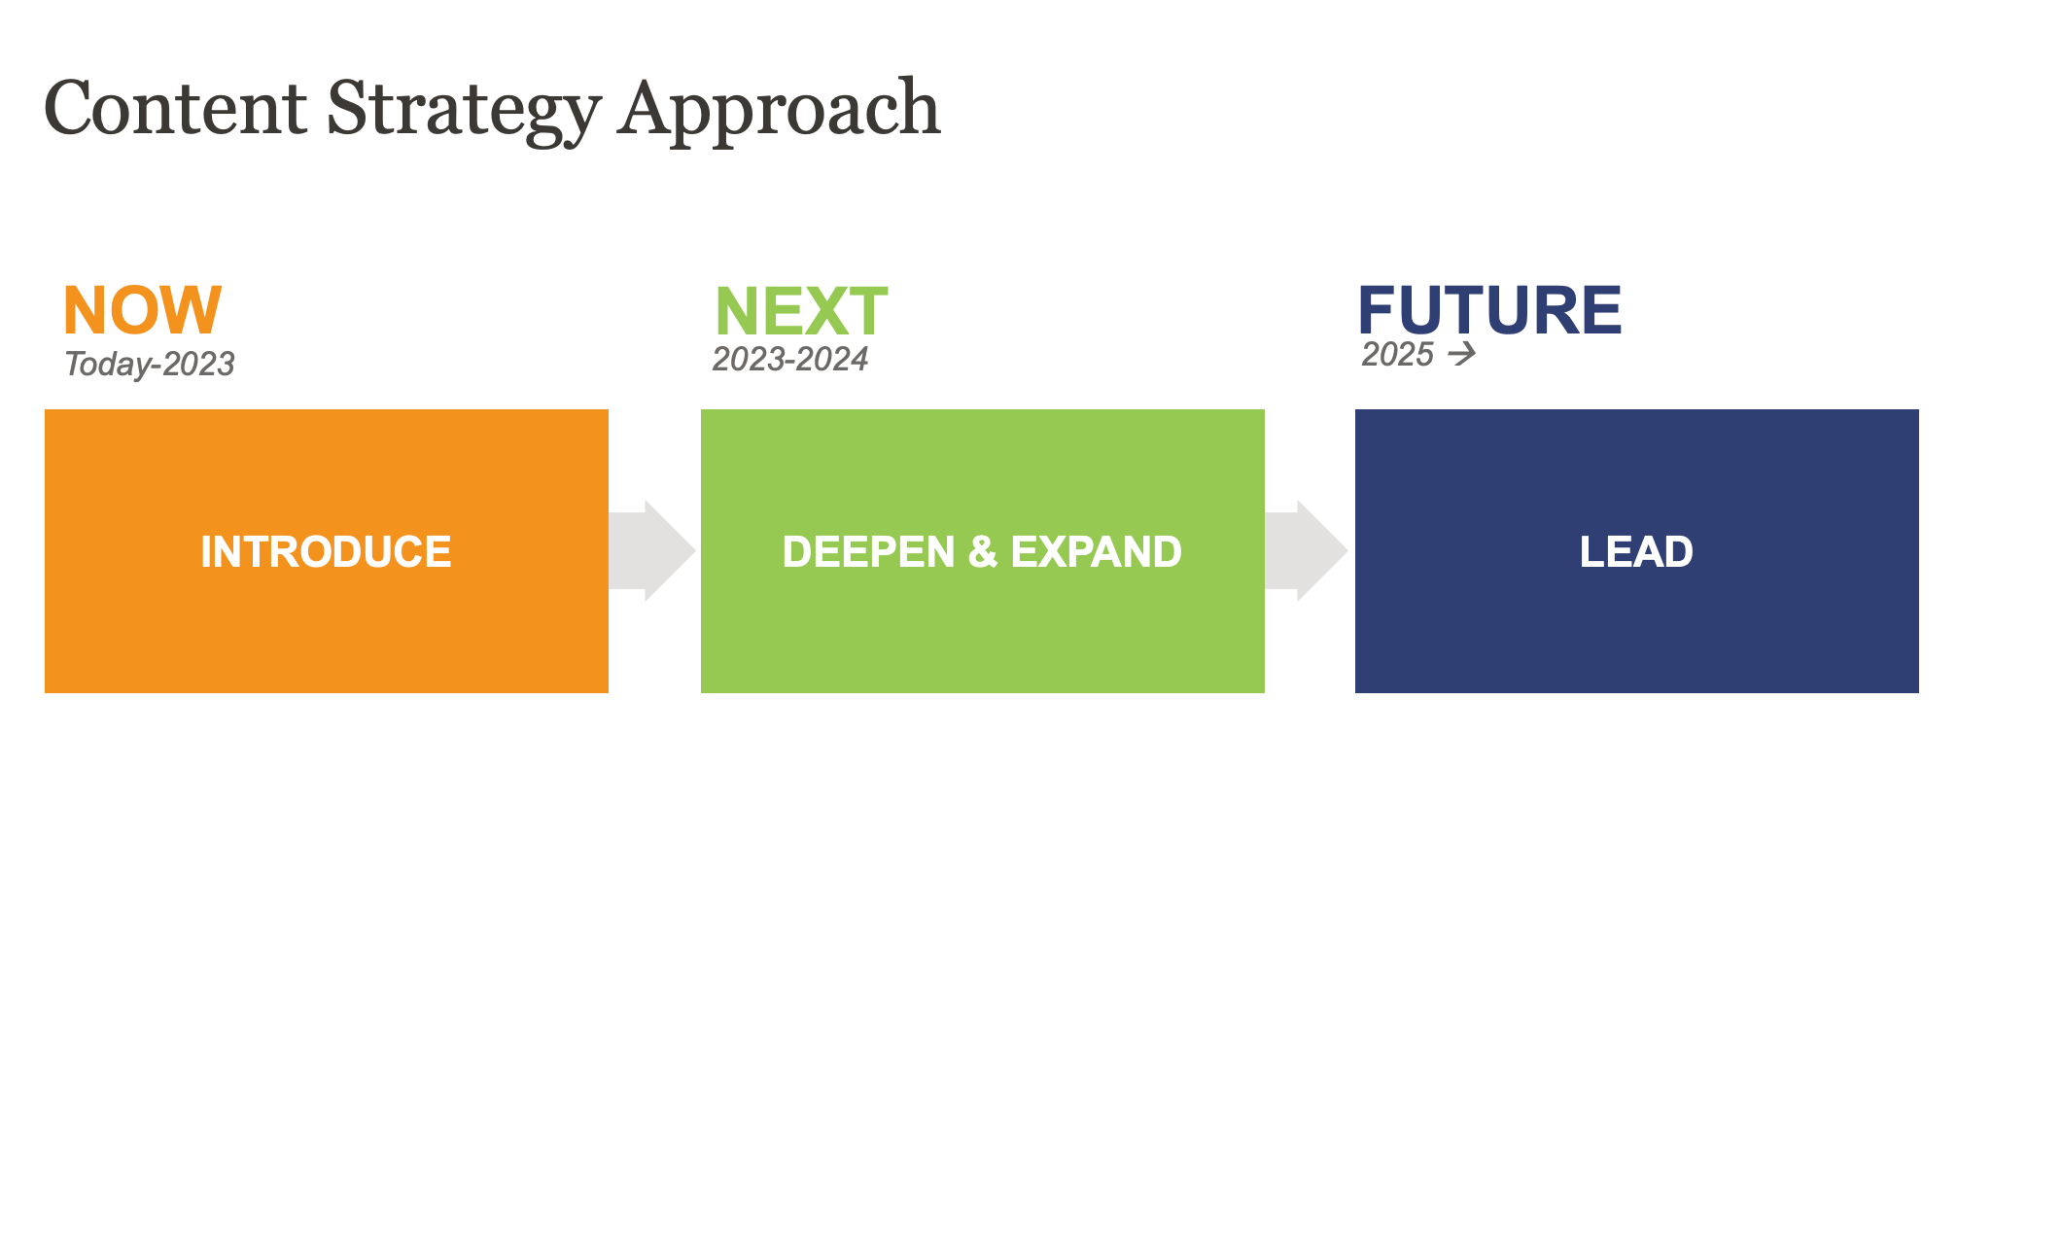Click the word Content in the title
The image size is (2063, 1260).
[176, 108]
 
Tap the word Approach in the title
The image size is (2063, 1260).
[780, 112]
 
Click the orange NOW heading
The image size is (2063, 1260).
[143, 310]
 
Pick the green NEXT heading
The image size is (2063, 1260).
[801, 311]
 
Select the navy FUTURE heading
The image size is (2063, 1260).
[1489, 310]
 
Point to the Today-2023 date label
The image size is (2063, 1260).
[150, 364]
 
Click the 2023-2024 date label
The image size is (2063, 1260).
[790, 359]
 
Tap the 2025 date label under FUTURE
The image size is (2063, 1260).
[1398, 354]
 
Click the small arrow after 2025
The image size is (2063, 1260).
[1462, 354]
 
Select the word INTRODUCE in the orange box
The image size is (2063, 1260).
[326, 551]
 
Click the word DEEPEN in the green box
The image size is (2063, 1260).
[869, 551]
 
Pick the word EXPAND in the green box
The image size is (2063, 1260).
[1097, 551]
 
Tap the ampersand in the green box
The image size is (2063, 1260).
[983, 551]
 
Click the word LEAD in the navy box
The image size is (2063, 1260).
[1636, 551]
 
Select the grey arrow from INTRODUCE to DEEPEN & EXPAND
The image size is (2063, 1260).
[652, 550]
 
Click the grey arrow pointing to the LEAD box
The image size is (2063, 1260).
[1307, 550]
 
